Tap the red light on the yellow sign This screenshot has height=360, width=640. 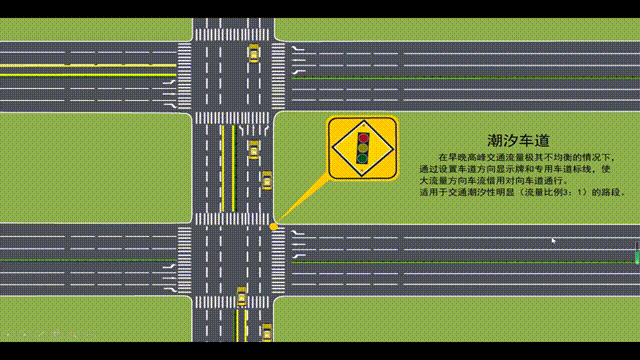(363, 137)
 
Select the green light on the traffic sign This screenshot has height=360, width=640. (363, 158)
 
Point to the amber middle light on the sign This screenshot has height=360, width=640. (363, 148)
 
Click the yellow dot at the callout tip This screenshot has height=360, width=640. (273, 227)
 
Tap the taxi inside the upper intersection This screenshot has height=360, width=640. (253, 53)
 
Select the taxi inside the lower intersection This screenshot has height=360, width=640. (241, 296)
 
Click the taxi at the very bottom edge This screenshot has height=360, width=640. (266, 331)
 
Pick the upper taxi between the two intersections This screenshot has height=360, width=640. (253, 149)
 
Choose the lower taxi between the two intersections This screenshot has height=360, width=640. (266, 180)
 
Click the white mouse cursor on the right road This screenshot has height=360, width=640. (554, 240)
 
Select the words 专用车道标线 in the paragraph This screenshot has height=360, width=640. (541, 168)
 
